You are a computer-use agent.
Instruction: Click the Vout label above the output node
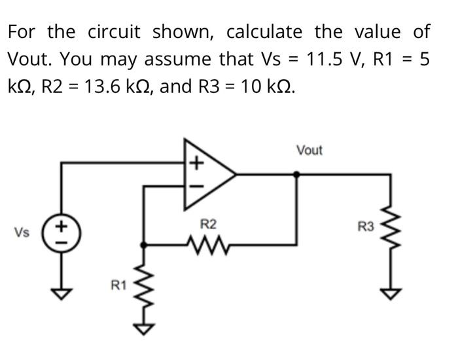coord(309,151)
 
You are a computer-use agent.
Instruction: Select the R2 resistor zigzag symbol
coord(208,245)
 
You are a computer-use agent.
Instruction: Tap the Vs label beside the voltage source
coord(22,232)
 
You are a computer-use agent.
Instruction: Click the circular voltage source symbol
coord(62,232)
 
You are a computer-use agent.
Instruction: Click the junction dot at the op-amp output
coord(297,175)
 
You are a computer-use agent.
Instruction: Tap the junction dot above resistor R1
coord(143,245)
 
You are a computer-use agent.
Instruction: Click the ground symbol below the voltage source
coord(62,294)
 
